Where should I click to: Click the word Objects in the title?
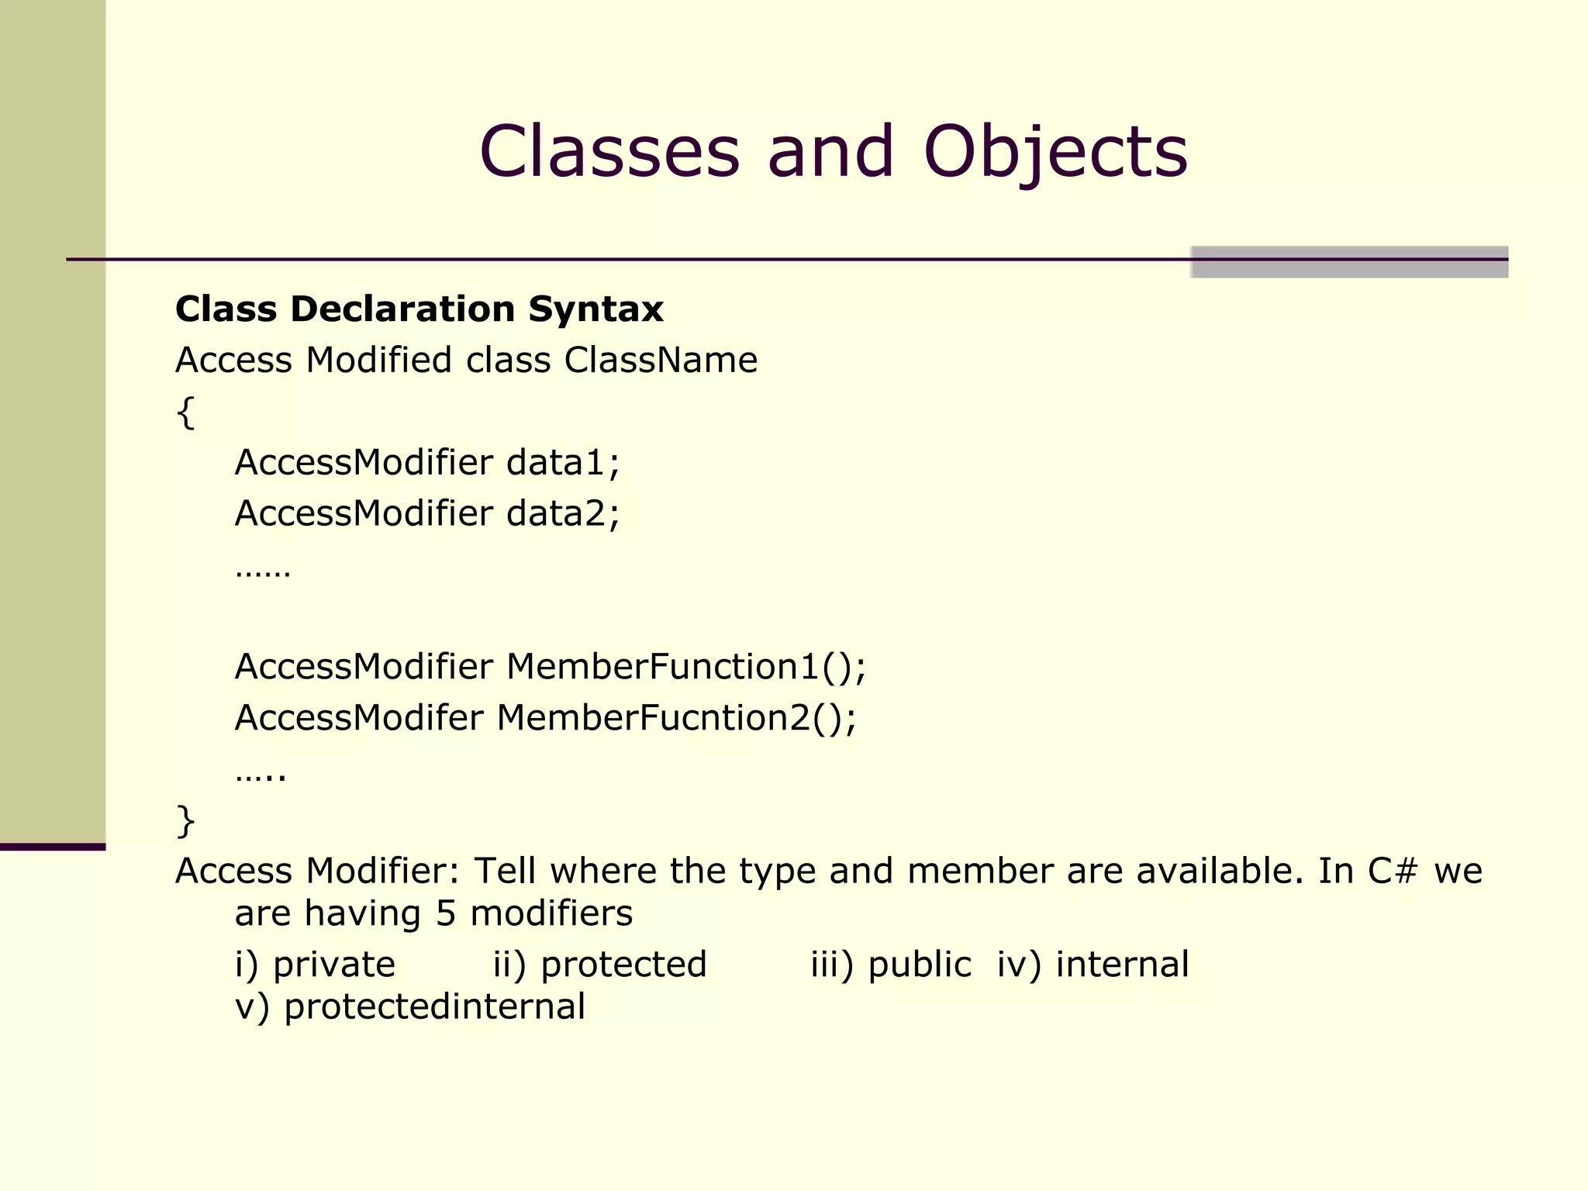(1055, 153)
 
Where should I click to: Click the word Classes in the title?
(609, 151)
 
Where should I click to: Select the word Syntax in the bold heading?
(595, 309)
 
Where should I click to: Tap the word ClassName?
(661, 361)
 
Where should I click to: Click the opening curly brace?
(185, 412)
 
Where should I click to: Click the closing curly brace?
(185, 821)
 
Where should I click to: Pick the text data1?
(563, 463)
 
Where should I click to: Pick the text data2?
(563, 514)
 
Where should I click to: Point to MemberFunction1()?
(685, 667)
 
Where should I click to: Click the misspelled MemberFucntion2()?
(676, 718)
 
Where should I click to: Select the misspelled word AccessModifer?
(359, 718)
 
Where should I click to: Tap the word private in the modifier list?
(334, 965)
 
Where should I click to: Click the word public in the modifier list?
(919, 965)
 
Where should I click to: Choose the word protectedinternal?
(434, 1007)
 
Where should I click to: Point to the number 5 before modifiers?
(445, 914)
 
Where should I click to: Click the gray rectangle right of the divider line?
(1349, 262)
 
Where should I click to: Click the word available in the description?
(1220, 872)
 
